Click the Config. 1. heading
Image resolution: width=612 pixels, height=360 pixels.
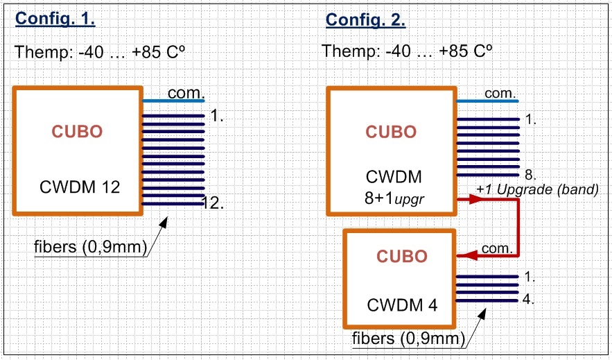(x=55, y=18)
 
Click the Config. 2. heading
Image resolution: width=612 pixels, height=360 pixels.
(x=366, y=19)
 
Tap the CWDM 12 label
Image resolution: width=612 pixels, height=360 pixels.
(x=80, y=187)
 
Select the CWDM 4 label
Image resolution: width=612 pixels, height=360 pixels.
(x=402, y=305)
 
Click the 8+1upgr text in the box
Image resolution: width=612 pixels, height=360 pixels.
(x=394, y=198)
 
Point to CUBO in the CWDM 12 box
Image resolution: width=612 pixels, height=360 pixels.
(x=78, y=132)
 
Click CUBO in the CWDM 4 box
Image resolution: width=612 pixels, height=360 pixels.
(x=402, y=257)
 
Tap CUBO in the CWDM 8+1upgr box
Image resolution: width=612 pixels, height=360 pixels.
(x=391, y=132)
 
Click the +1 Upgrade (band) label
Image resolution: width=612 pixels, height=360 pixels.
(x=537, y=189)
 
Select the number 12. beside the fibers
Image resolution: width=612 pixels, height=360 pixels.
(x=213, y=203)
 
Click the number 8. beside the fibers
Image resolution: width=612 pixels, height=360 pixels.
(x=530, y=175)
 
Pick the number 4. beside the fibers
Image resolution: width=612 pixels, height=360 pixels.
(x=528, y=299)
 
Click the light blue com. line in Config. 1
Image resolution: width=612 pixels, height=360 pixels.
(x=173, y=101)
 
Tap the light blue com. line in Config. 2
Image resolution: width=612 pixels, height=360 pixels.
(x=487, y=101)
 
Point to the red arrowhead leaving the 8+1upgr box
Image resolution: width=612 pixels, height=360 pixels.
(x=475, y=199)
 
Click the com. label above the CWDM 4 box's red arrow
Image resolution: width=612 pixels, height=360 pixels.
(x=497, y=248)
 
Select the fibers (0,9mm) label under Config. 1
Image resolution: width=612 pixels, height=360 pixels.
(x=91, y=247)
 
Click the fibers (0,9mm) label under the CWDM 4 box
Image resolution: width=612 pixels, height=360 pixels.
(x=409, y=338)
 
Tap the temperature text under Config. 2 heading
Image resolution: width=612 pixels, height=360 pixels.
(x=407, y=51)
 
